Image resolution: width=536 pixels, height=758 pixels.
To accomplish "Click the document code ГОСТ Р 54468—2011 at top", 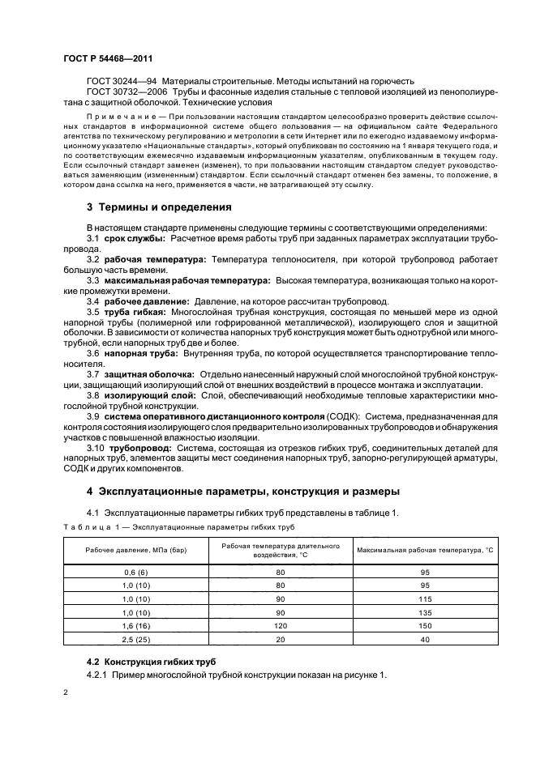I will click(108, 59).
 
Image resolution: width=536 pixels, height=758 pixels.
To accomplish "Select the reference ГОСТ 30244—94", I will click(121, 82).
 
